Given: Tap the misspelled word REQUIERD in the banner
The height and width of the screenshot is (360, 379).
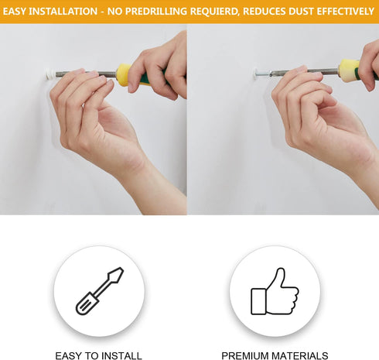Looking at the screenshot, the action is (x=213, y=12).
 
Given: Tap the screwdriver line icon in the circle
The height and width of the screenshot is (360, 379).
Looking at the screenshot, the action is (x=100, y=291).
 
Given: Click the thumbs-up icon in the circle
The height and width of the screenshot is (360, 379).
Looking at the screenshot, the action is (x=275, y=291).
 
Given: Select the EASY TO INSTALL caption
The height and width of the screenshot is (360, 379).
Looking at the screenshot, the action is (x=98, y=355).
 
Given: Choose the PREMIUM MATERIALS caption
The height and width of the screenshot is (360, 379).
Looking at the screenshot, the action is (x=275, y=355).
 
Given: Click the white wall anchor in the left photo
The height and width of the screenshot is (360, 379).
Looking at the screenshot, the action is (x=50, y=74).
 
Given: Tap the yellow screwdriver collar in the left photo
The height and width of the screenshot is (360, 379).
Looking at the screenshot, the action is (x=123, y=74).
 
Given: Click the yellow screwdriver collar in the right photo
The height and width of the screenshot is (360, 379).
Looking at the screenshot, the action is (x=349, y=70).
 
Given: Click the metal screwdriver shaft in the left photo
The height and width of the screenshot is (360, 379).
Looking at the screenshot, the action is (x=86, y=74).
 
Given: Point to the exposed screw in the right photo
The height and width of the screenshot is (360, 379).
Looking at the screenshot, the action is (x=264, y=74).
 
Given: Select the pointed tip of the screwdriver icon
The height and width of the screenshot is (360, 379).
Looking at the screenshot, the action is (x=121, y=269).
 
